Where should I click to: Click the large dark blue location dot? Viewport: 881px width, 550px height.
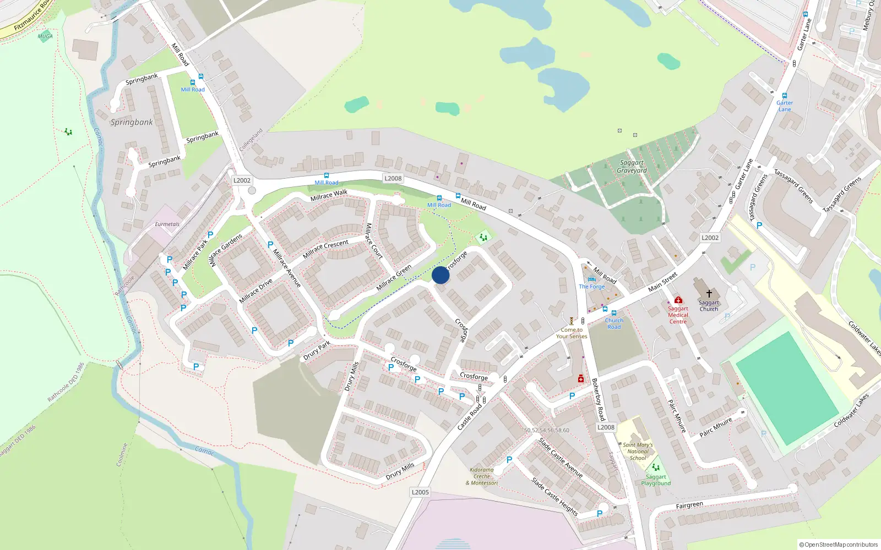tap(440, 275)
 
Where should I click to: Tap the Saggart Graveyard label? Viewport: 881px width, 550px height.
tap(632, 167)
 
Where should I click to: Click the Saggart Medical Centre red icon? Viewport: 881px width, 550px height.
tap(678, 300)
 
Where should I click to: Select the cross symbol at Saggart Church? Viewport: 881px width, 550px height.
tap(709, 294)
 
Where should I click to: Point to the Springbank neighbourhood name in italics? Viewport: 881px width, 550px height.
tap(132, 122)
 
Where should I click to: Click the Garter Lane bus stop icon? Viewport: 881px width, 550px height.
tap(785, 96)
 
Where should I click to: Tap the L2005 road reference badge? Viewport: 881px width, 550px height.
tap(420, 492)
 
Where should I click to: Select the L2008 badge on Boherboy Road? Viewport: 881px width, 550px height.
tap(606, 427)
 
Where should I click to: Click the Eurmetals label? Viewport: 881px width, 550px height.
tap(167, 224)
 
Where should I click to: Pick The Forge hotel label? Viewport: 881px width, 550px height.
tap(592, 287)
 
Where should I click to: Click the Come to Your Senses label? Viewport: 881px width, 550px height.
tap(572, 333)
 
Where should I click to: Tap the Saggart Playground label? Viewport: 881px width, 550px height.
tap(656, 480)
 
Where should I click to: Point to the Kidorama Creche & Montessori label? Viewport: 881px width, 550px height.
tap(482, 476)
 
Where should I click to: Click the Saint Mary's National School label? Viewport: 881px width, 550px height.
tap(638, 451)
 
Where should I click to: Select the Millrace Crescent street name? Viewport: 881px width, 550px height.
tap(325, 249)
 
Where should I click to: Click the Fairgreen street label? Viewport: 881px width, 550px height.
tap(689, 505)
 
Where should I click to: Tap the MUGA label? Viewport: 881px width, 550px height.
tap(45, 36)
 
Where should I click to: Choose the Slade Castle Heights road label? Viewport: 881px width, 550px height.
tap(554, 496)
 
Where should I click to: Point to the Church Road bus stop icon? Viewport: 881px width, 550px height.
tap(614, 313)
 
